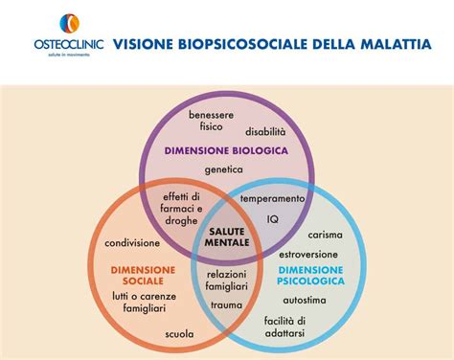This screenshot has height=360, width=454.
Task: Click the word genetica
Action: coord(223,169)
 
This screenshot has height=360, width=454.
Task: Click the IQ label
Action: coord(272,218)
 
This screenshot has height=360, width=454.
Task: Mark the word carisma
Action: coord(325,235)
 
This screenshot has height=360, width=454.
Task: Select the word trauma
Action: coord(227,304)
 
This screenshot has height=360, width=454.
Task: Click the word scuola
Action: coord(179,334)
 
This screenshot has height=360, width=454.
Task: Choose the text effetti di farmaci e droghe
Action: coord(181,208)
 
